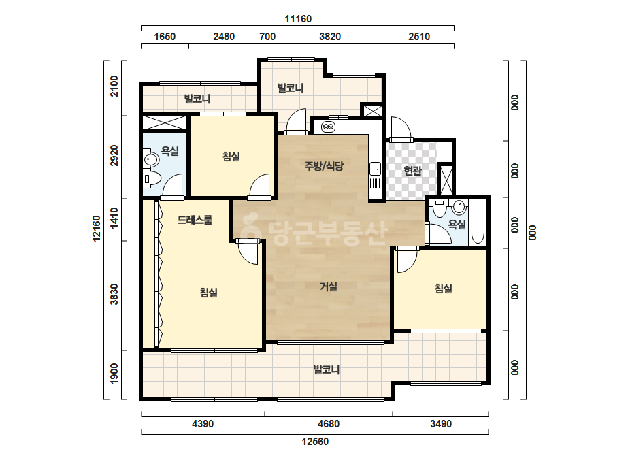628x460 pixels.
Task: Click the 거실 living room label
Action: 329,286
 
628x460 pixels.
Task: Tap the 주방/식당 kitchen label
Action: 324,166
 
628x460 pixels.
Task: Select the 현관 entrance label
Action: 412,171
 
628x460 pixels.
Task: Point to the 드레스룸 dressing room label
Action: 195,220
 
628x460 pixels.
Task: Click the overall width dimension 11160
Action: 298,19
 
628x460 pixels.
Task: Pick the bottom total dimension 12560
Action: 315,441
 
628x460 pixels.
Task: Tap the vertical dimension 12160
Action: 97,229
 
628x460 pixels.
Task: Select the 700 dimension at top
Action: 267,37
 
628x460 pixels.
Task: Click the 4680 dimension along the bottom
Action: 329,423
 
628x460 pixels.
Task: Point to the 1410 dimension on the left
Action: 114,218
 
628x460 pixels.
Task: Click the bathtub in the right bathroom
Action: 478,223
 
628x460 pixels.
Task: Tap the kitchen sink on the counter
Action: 376,169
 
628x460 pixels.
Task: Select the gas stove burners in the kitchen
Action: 329,127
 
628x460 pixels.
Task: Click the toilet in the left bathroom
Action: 152,179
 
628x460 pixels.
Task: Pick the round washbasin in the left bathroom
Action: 151,159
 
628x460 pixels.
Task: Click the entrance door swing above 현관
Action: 401,129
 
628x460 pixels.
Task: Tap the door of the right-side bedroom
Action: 406,260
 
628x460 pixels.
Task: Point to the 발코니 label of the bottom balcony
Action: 327,369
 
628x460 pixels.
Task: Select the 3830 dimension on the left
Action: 114,294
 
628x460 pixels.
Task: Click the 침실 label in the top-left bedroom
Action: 231,157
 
